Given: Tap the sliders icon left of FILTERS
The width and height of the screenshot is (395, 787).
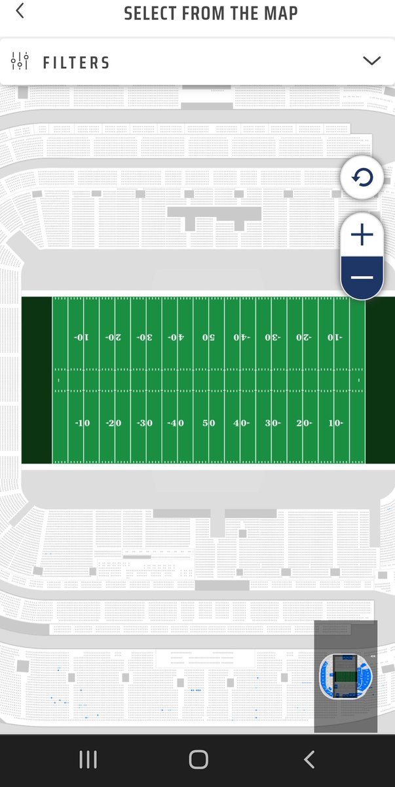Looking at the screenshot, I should pyautogui.click(x=20, y=62).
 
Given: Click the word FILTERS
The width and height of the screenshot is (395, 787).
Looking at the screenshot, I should pyautogui.click(x=77, y=63).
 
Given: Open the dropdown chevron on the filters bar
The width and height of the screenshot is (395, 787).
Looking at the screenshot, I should pyautogui.click(x=371, y=61).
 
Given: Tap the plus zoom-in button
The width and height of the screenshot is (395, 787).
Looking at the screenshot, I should pyautogui.click(x=362, y=235).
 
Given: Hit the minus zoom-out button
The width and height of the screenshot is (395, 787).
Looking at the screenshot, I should pyautogui.click(x=362, y=277).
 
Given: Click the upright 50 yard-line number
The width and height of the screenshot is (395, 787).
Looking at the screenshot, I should pyautogui.click(x=209, y=423).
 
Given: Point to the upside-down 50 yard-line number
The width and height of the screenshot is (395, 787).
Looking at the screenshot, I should pyautogui.click(x=209, y=337).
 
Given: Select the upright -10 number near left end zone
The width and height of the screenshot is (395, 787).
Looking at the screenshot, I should pyautogui.click(x=81, y=423).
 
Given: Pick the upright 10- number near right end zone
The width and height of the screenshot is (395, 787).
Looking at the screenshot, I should pyautogui.click(x=335, y=423).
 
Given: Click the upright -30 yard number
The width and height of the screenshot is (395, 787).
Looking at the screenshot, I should pyautogui.click(x=145, y=423).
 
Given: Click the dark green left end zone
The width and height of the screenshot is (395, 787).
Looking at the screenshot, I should pyautogui.click(x=37, y=380).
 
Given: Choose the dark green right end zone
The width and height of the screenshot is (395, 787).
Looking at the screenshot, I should pyautogui.click(x=380, y=380).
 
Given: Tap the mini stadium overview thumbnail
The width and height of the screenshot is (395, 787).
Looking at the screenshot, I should pyautogui.click(x=345, y=676).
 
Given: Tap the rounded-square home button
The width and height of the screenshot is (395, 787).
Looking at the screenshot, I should pyautogui.click(x=198, y=759).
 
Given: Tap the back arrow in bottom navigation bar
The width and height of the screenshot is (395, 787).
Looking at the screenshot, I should pyautogui.click(x=309, y=759).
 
